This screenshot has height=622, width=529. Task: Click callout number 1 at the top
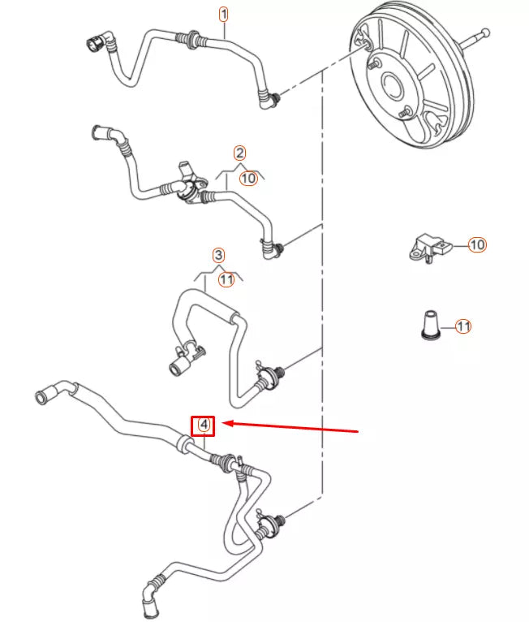pyautogui.click(x=223, y=15)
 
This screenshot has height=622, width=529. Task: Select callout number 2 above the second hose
pyautogui.click(x=239, y=153)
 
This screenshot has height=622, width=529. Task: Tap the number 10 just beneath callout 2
pyautogui.click(x=248, y=178)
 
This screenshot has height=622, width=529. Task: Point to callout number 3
pyautogui.click(x=218, y=255)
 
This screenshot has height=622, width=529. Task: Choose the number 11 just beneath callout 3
pyautogui.click(x=226, y=279)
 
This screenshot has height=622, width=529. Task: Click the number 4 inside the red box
pyautogui.click(x=204, y=425)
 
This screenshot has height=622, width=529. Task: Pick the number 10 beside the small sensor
pyautogui.click(x=477, y=244)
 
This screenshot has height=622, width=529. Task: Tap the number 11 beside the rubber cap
pyautogui.click(x=462, y=326)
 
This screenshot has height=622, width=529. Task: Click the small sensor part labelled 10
pyautogui.click(x=430, y=248)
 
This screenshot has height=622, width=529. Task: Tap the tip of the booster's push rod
pyautogui.click(x=486, y=32)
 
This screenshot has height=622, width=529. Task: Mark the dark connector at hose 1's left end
pyautogui.click(x=94, y=43)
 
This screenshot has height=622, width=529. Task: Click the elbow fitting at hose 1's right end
pyautogui.click(x=269, y=100)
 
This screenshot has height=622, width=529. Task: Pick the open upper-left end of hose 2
pyautogui.click(x=97, y=132)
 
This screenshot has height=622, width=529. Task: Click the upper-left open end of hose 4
pyautogui.click(x=41, y=397)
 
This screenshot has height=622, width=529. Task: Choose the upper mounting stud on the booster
pyautogui.click(x=374, y=64)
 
